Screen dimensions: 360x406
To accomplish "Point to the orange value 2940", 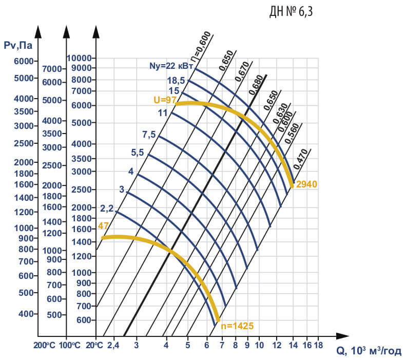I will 306,184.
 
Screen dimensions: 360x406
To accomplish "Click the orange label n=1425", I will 237,325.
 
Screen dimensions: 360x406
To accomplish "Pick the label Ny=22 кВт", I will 171,66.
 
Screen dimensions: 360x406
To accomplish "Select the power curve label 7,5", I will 149,135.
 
